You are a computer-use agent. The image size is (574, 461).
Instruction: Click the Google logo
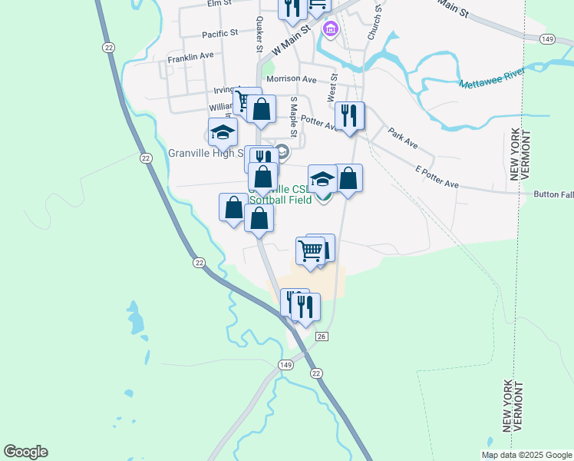coord(25,452)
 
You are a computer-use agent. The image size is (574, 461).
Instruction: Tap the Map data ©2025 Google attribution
coord(526,455)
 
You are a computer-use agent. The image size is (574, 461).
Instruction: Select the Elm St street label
coord(219,4)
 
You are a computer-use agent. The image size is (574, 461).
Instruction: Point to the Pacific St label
coord(220,35)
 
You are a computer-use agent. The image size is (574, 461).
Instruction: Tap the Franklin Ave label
coord(190,57)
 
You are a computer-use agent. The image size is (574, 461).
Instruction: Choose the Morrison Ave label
coord(291,79)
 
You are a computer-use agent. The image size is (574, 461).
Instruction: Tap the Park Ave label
coord(402,138)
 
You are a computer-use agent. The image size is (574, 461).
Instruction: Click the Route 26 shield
coord(322,337)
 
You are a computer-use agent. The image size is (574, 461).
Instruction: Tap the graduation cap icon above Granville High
coord(223,132)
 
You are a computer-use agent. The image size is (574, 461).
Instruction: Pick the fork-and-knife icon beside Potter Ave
coord(349,116)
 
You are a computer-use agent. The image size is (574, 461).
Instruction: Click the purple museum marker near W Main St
coord(331,30)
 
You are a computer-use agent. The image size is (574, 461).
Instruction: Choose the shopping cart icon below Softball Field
coord(310,250)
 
